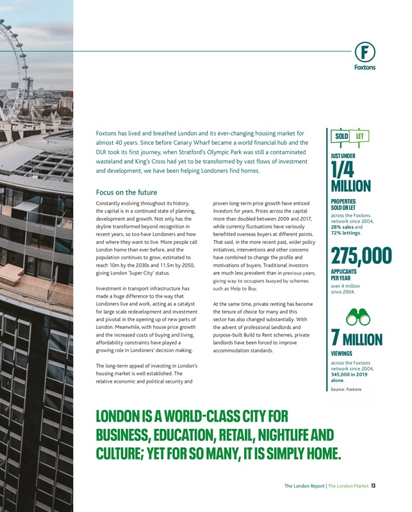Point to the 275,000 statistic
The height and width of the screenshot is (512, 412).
tap(361, 255)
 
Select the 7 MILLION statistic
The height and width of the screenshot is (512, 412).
tap(357, 339)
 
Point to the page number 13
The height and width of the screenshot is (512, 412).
tap(374, 486)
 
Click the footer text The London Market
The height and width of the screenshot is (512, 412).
tap(349, 486)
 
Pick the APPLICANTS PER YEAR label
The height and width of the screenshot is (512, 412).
tap(345, 275)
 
